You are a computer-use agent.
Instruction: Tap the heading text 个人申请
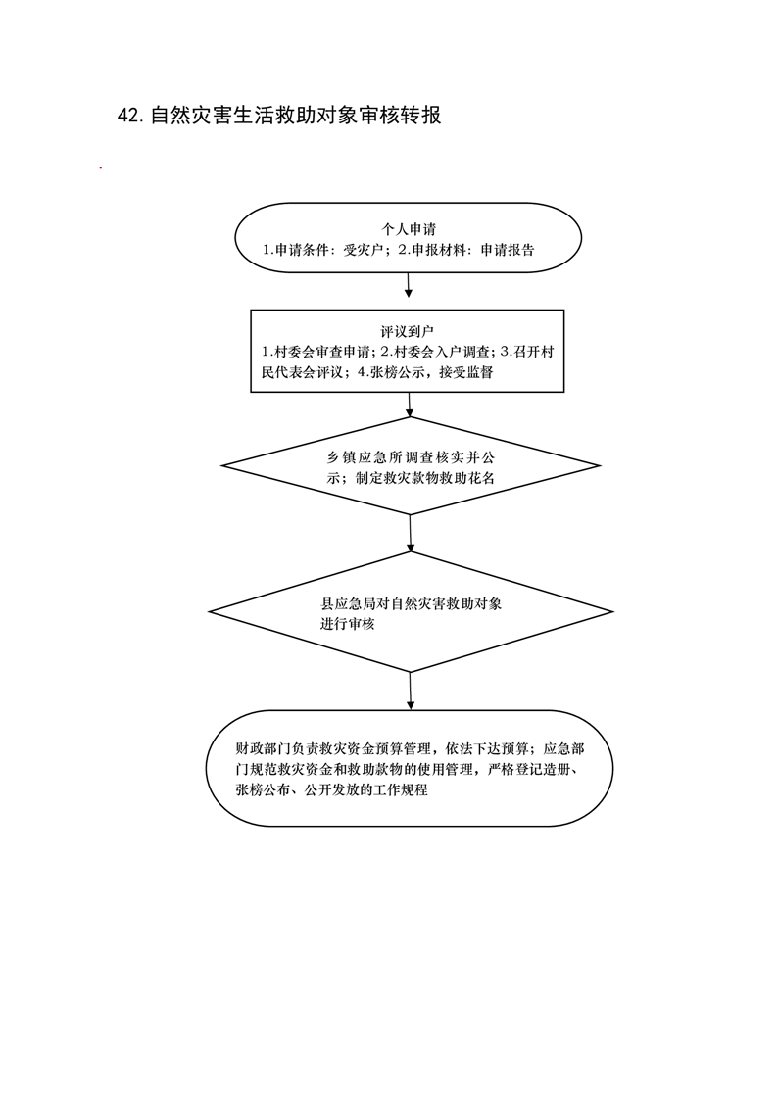click(x=409, y=229)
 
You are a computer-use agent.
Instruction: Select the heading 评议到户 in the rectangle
click(x=408, y=331)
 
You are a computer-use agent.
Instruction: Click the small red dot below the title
click(x=101, y=168)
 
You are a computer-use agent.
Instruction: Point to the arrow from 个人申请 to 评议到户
click(x=408, y=285)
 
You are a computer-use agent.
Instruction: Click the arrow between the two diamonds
click(x=410, y=533)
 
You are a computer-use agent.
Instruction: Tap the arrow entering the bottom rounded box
click(x=410, y=692)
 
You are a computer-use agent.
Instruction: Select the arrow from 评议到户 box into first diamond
click(x=410, y=405)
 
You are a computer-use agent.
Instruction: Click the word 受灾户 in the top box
click(x=363, y=250)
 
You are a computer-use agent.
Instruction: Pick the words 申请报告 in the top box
click(x=508, y=250)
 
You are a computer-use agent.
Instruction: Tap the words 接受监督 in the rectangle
click(x=466, y=372)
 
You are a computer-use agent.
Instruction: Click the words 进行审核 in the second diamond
click(x=348, y=624)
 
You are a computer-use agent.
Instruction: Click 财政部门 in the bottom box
click(x=263, y=748)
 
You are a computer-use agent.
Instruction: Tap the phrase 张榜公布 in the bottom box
click(x=263, y=789)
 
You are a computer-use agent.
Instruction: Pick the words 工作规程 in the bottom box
click(x=400, y=789)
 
